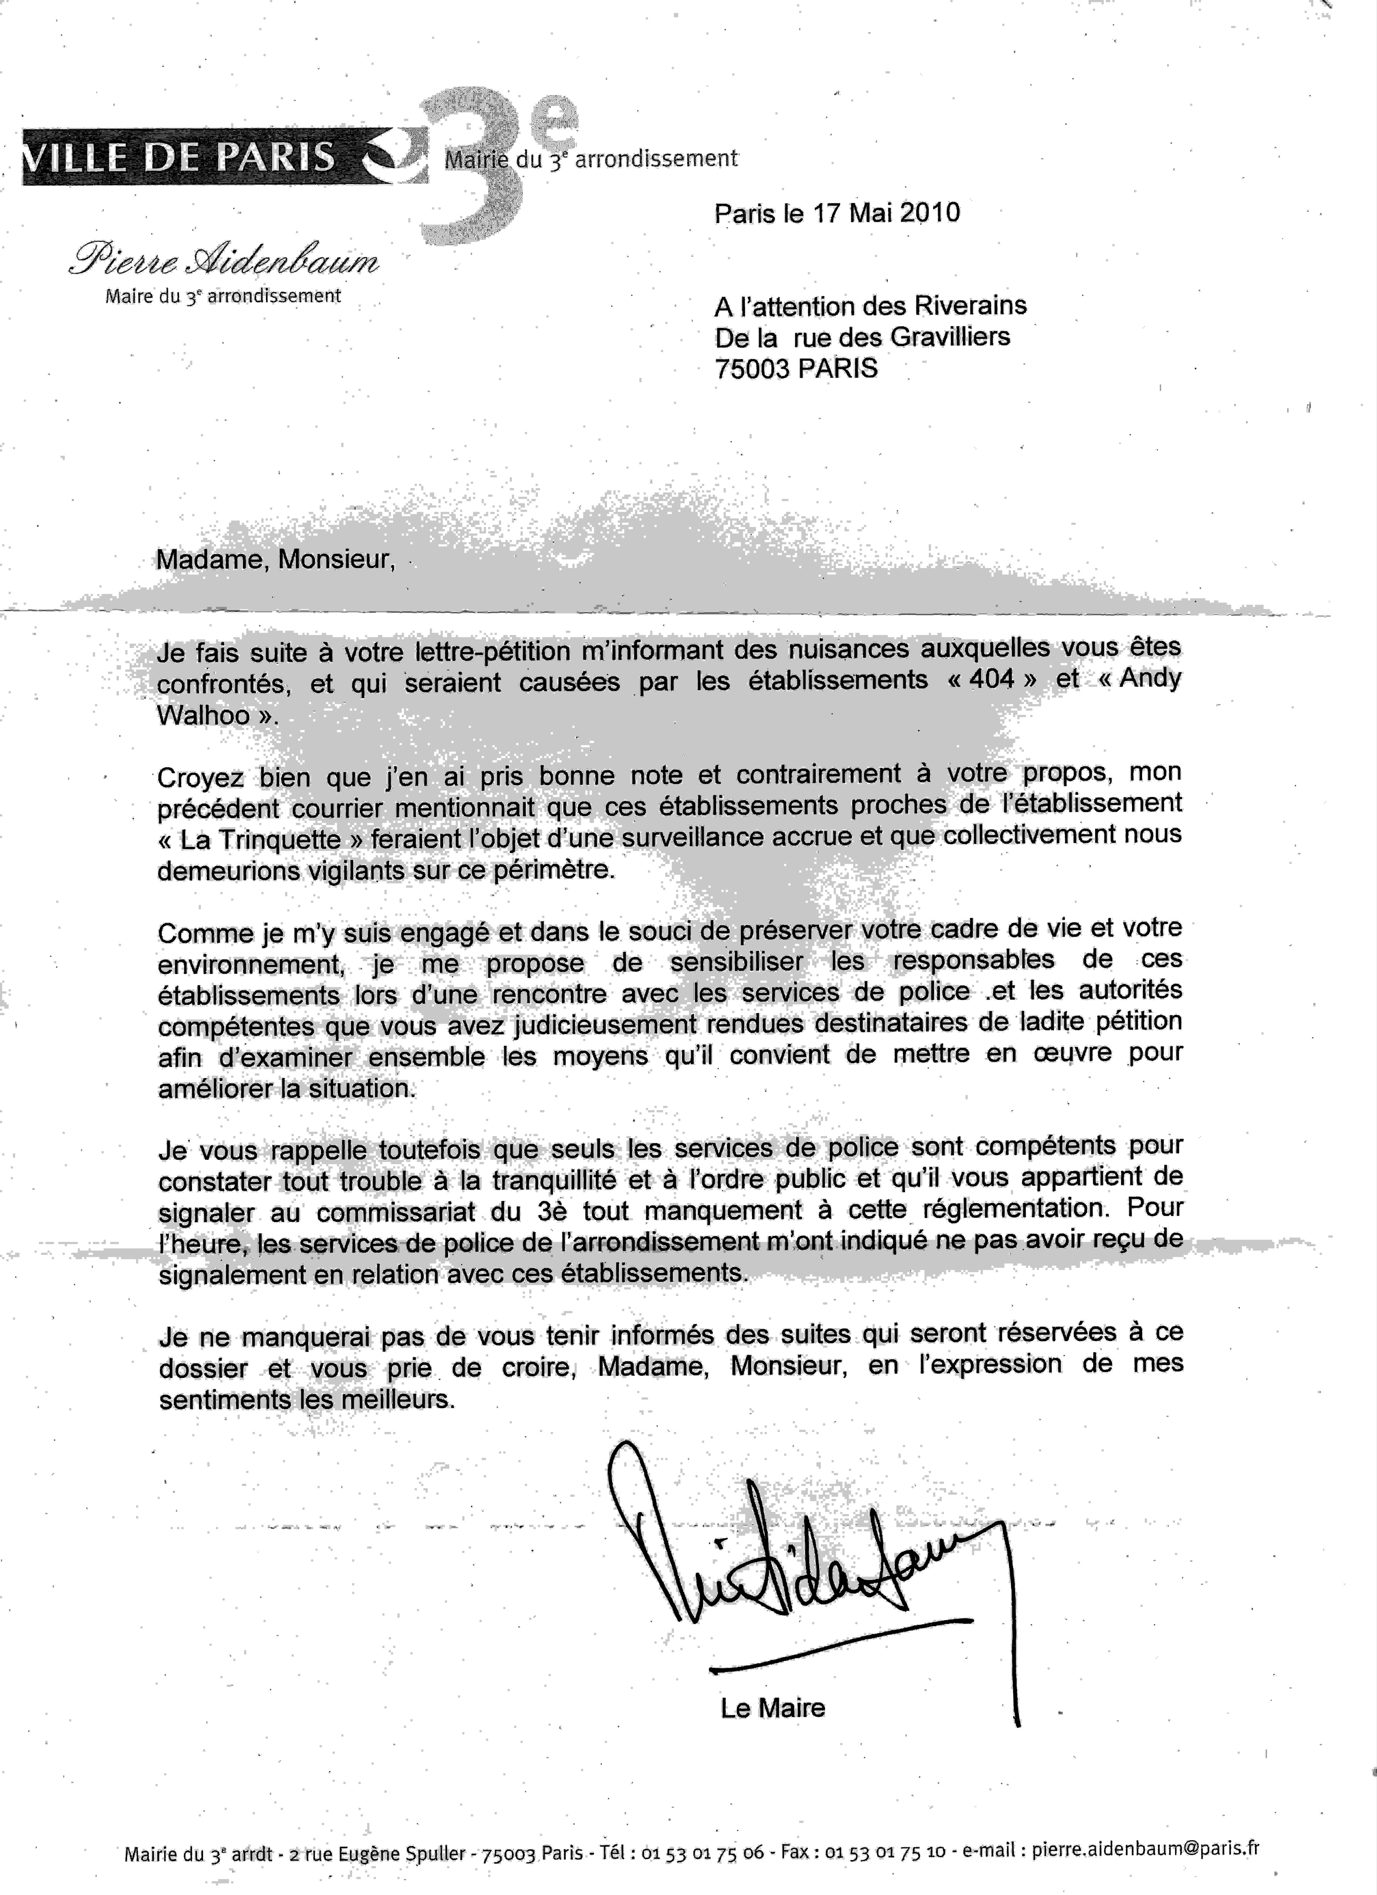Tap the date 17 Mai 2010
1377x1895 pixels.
click(886, 213)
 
